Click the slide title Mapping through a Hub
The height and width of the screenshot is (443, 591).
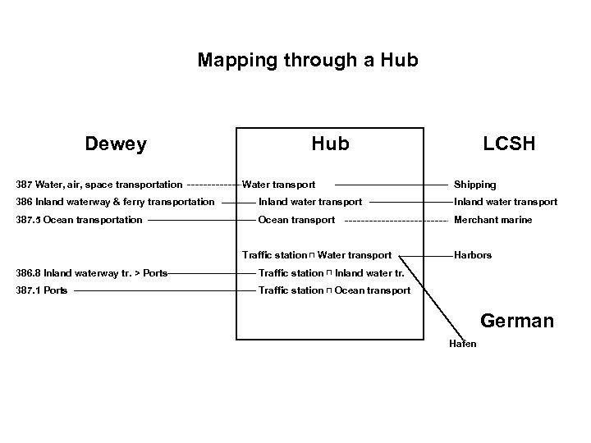pos(308,61)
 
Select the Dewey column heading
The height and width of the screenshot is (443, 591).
pos(116,144)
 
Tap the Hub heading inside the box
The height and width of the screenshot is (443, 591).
pos(330,144)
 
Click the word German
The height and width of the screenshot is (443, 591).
pos(517,321)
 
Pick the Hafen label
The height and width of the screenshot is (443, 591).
pos(462,343)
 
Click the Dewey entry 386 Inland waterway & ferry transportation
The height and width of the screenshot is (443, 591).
pos(114,202)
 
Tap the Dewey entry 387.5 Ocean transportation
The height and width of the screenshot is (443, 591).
pos(79,220)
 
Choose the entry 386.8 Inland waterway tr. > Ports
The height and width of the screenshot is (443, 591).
pos(91,273)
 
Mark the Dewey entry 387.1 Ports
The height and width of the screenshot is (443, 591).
pos(42,290)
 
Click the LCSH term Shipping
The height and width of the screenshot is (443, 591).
pos(475,185)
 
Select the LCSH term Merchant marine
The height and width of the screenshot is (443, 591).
pos(493,220)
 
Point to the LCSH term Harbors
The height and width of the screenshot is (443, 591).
pos(473,255)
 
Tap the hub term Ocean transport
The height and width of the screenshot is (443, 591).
pos(296,220)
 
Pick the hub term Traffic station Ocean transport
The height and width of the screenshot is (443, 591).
pos(334,290)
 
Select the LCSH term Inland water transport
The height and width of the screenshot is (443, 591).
pos(506,202)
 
